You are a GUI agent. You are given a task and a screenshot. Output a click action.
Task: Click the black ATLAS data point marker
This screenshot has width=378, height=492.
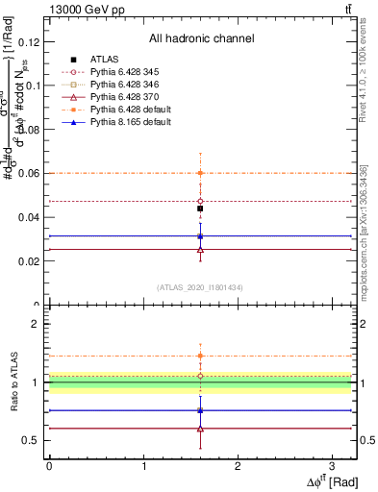click(200, 209)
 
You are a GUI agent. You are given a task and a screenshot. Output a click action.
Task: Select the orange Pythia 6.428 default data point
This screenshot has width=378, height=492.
click(200, 173)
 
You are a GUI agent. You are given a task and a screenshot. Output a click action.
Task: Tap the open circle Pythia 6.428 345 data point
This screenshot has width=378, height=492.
click(200, 201)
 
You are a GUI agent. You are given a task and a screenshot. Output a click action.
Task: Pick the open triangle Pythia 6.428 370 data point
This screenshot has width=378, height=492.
click(200, 249)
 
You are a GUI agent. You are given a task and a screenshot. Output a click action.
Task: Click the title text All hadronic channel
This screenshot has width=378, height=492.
click(201, 38)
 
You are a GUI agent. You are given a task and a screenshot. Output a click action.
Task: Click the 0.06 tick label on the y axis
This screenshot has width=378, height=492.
click(31, 173)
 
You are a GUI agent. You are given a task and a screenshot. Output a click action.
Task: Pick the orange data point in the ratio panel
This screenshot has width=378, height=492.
click(200, 356)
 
